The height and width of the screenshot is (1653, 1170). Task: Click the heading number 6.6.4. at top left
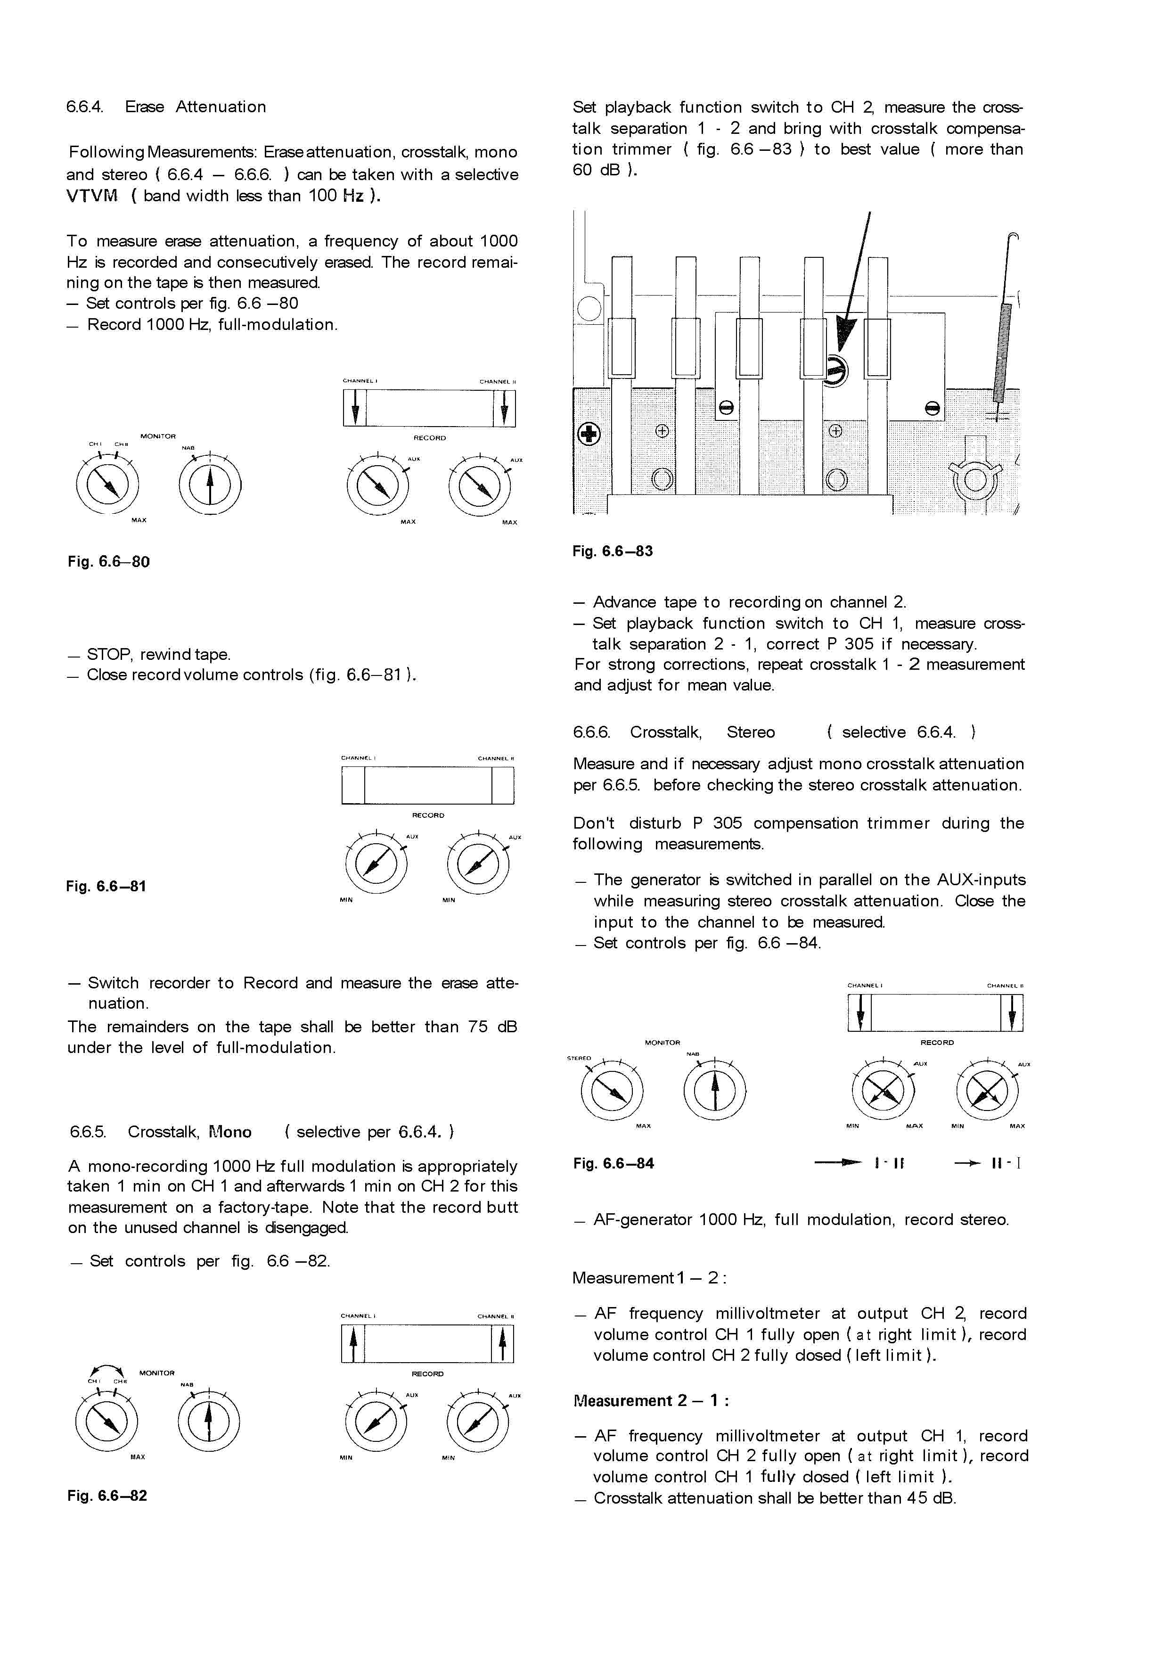pyautogui.click(x=85, y=107)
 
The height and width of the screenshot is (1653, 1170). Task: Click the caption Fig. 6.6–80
pyautogui.click(x=109, y=561)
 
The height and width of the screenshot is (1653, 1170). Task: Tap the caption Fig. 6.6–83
pyautogui.click(x=613, y=551)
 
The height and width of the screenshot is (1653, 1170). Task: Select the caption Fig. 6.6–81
pyautogui.click(x=106, y=886)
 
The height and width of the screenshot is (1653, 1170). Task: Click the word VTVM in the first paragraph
pyautogui.click(x=91, y=196)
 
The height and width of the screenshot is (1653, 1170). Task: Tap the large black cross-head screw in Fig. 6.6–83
pyautogui.click(x=589, y=434)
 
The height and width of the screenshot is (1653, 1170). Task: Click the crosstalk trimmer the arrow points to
pyautogui.click(x=835, y=371)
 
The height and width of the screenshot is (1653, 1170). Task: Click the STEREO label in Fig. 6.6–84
pyautogui.click(x=579, y=1059)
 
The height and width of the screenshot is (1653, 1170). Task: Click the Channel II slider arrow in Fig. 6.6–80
pyautogui.click(x=504, y=408)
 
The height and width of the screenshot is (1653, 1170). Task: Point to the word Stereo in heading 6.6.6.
pyautogui.click(x=751, y=732)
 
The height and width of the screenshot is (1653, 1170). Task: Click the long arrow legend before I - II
pyautogui.click(x=838, y=1162)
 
